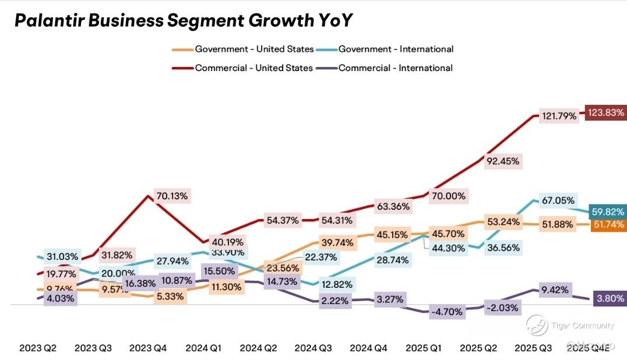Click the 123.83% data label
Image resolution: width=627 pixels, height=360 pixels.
coord(606,112)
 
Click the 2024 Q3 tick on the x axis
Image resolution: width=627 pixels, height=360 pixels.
coord(313,348)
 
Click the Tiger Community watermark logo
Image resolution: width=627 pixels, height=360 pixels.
coord(537,325)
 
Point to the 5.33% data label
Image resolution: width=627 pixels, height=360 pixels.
coord(170,296)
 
